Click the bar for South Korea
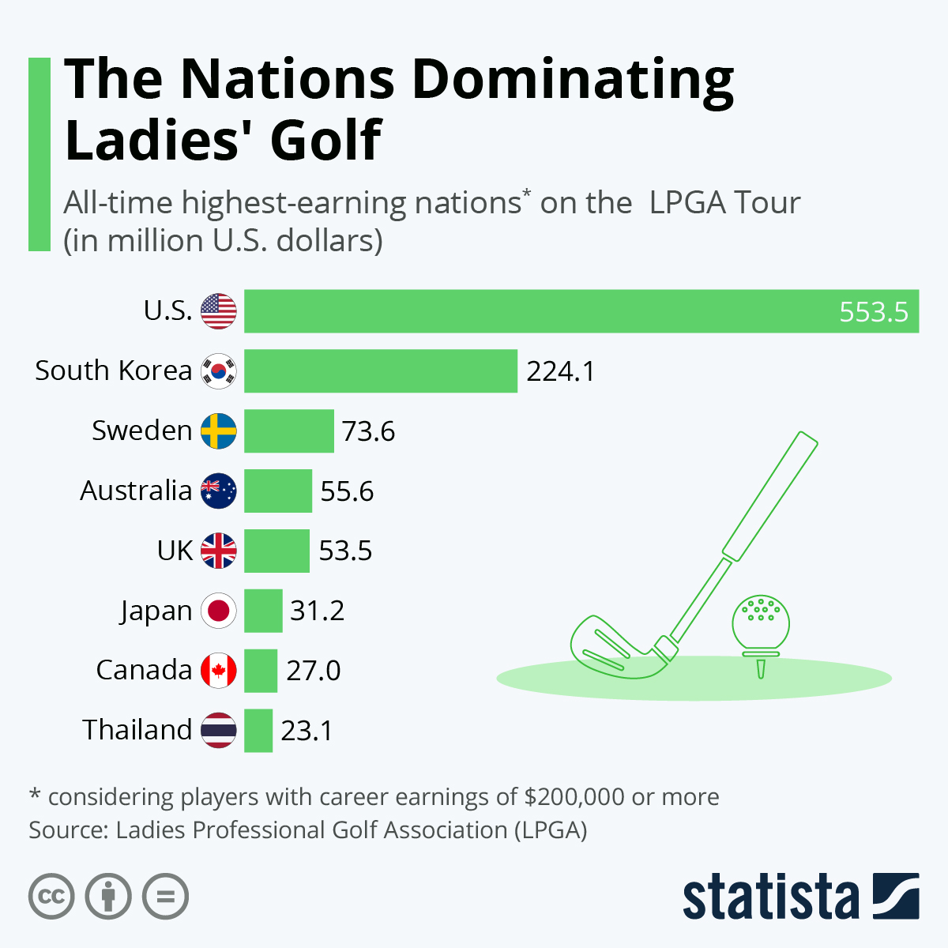tap(380, 371)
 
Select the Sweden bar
tap(289, 431)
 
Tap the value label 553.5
tap(873, 312)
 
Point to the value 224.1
tap(560, 371)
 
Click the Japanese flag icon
tap(219, 611)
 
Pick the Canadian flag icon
tap(219, 671)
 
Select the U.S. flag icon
tap(219, 310)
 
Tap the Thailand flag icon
tap(219, 730)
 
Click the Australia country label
tap(136, 491)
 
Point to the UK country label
tap(175, 551)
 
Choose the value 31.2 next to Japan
tap(317, 611)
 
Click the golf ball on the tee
tap(760, 621)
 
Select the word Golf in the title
tap(325, 141)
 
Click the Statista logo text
tap(770, 898)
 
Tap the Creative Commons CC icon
tap(51, 897)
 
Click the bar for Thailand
tap(258, 730)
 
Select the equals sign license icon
tap(165, 897)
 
